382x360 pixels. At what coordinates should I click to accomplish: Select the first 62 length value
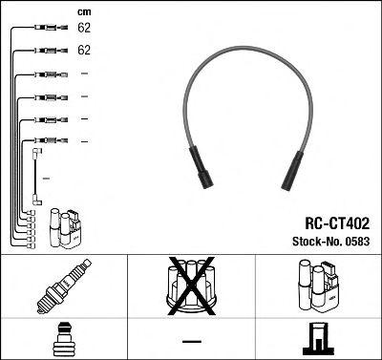(84, 30)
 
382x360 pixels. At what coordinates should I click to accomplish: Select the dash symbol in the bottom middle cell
(192, 341)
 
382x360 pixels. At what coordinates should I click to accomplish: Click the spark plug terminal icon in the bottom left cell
(63, 339)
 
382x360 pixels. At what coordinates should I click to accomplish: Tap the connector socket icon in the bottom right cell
(318, 340)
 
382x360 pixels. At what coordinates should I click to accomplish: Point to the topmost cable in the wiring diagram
(42, 30)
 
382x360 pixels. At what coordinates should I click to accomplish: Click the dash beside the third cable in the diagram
(84, 74)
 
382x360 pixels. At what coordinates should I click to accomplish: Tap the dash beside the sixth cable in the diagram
(84, 141)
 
